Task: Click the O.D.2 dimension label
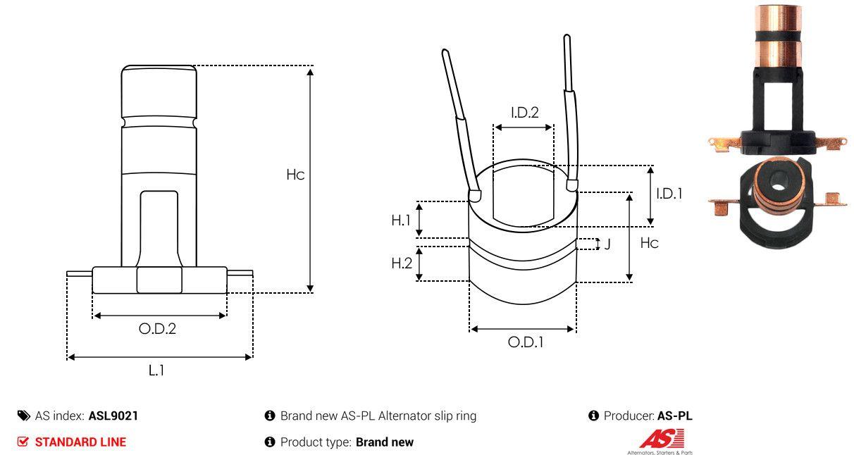[x=157, y=329]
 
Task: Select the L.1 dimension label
[x=156, y=370]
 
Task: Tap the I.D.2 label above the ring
[x=525, y=112]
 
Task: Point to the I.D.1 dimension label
[x=669, y=194]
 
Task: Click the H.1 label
[x=401, y=220]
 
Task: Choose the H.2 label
[x=402, y=263]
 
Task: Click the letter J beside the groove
[x=607, y=244]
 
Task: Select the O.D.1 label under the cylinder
[x=526, y=343]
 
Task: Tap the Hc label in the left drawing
[x=295, y=175]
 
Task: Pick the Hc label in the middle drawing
[x=649, y=243]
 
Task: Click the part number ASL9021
[x=113, y=416]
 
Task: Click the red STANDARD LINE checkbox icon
[x=23, y=442]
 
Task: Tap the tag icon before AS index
[x=24, y=416]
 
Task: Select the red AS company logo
[x=661, y=438]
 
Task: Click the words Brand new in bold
[x=385, y=442]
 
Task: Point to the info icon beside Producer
[x=593, y=416]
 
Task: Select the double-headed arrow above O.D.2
[x=159, y=316]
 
